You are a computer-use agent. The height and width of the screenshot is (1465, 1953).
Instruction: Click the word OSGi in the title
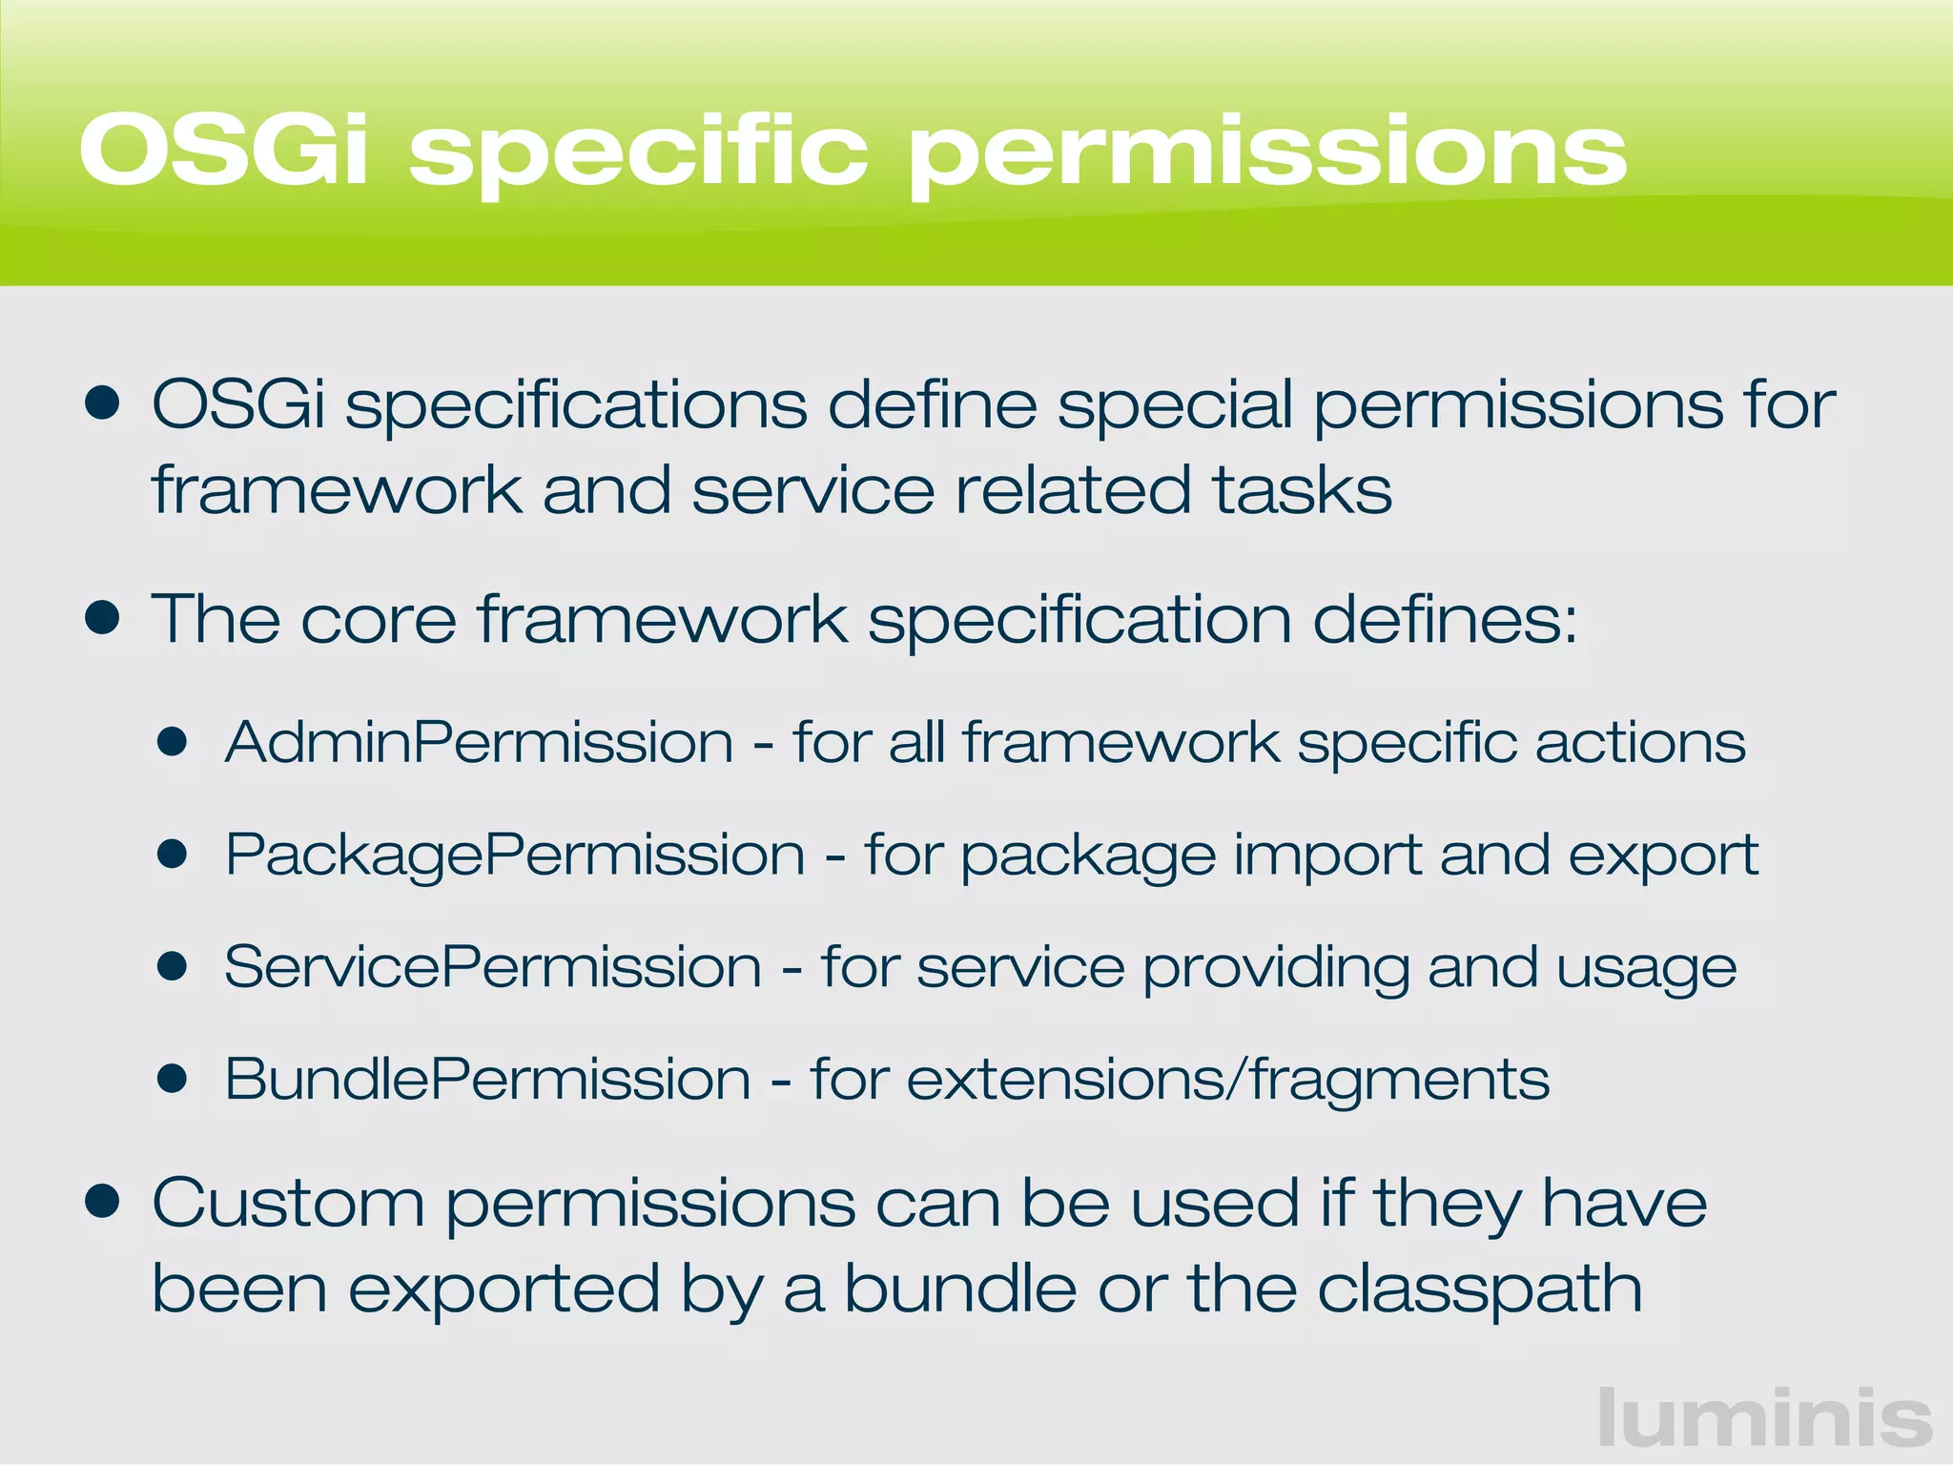coord(223,151)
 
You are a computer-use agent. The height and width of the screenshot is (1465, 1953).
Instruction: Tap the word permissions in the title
coord(1268,153)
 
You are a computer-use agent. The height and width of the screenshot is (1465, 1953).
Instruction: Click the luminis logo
coord(1764,1417)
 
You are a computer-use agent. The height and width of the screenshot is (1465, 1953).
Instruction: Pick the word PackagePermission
coord(515,855)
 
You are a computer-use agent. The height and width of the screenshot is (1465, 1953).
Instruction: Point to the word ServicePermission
coord(493,967)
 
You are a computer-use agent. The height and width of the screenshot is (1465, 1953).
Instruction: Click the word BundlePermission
coord(487,1080)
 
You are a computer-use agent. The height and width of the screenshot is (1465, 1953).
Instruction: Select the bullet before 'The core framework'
coord(101,618)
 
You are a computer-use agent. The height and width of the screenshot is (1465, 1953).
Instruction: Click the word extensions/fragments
coord(1227,1080)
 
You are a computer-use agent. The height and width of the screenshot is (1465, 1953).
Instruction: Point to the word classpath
coord(1479,1290)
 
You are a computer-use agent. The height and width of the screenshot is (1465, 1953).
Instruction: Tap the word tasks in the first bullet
coord(1301,490)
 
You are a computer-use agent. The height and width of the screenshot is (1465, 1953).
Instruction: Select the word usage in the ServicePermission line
coord(1646,969)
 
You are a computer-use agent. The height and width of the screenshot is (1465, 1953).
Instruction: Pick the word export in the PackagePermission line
coord(1662,856)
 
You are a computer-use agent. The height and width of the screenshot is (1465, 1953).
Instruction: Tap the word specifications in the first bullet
coord(576,406)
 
